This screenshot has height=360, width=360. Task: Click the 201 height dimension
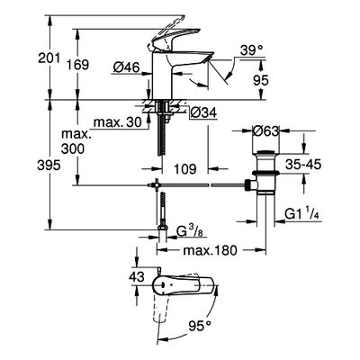(49, 58)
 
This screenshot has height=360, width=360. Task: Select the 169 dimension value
(77, 65)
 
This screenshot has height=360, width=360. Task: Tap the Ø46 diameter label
(127, 68)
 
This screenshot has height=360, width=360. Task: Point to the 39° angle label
(251, 49)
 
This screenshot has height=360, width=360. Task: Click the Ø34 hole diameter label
(203, 113)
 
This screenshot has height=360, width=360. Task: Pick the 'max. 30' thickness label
(117, 122)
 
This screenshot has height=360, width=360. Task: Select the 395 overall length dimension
(49, 166)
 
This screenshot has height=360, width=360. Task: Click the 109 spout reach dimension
(185, 169)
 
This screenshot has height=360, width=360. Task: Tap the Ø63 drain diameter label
(266, 131)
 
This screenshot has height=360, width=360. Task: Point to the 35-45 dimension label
(303, 165)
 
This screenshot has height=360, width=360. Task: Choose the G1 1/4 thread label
(301, 214)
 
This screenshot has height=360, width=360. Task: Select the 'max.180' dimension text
(210, 250)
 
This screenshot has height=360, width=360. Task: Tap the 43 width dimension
(137, 276)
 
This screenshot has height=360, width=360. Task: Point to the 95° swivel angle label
(200, 324)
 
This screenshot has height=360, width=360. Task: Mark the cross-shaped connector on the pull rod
(156, 185)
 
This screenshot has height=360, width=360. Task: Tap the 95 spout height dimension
(261, 80)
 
